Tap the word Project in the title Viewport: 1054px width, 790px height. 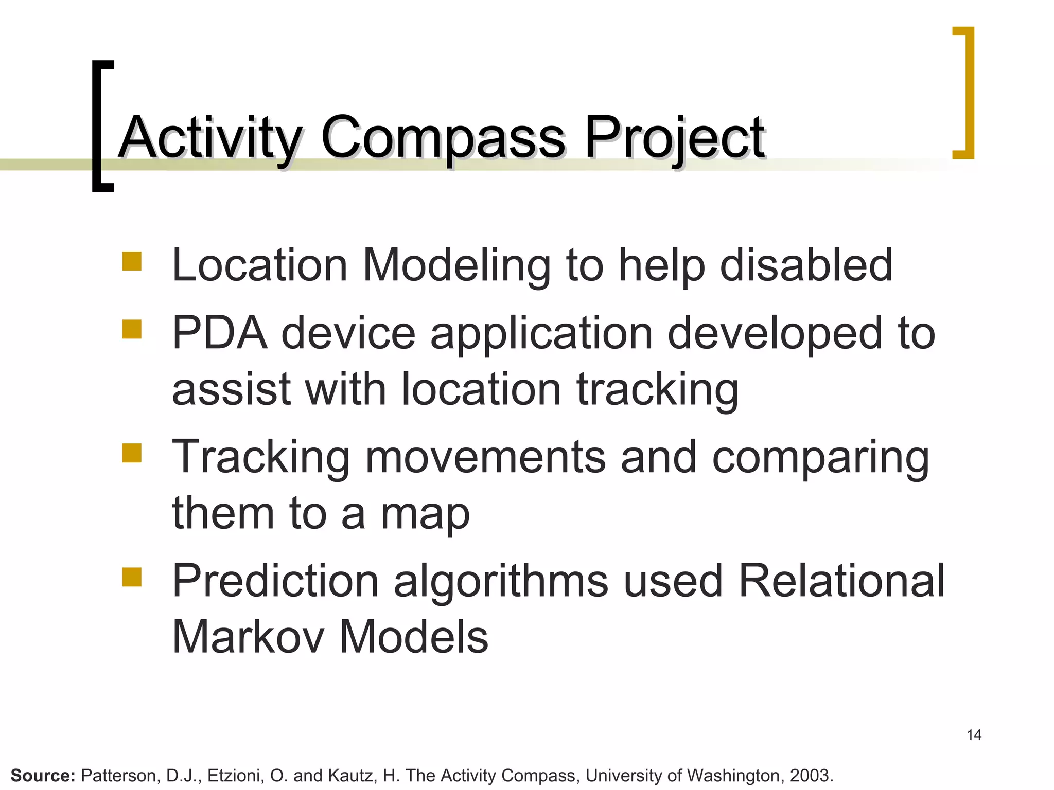[674, 138]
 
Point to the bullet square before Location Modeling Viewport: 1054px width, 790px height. [132, 261]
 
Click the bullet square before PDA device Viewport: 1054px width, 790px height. [132, 329]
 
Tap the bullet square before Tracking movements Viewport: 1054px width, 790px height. [132, 453]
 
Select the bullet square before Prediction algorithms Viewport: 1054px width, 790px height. [132, 577]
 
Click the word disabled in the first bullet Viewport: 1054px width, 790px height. [806, 265]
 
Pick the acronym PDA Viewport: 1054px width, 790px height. [220, 333]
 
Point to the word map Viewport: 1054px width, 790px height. [425, 514]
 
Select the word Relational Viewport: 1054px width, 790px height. [841, 581]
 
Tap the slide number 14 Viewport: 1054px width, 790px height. [974, 735]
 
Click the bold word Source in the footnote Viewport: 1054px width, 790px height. [43, 775]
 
